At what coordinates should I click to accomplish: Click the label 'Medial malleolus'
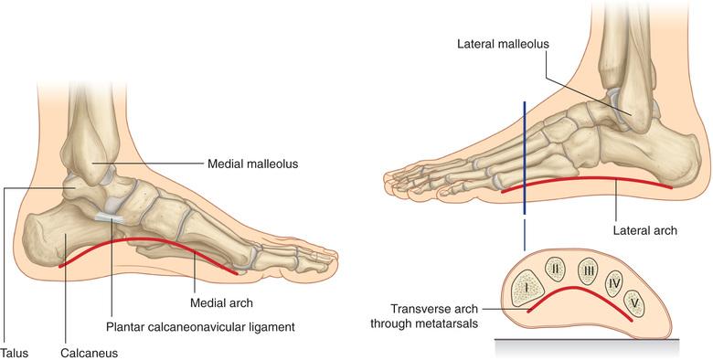click(253, 164)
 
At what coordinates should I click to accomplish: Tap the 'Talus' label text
click(14, 354)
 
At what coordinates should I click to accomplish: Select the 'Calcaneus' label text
click(90, 354)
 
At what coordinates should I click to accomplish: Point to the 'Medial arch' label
click(221, 302)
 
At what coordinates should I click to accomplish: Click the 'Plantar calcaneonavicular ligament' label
click(200, 327)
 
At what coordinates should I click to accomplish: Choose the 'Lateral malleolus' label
click(504, 44)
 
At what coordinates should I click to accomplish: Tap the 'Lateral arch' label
click(645, 230)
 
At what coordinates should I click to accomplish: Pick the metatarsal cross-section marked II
click(555, 270)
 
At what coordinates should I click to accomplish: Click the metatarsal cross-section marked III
click(589, 271)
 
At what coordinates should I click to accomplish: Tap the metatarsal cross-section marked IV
click(614, 284)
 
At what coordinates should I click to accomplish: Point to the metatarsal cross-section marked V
click(634, 303)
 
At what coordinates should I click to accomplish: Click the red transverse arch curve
click(578, 288)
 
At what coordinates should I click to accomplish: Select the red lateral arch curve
click(587, 177)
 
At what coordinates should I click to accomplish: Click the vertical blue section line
click(525, 158)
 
